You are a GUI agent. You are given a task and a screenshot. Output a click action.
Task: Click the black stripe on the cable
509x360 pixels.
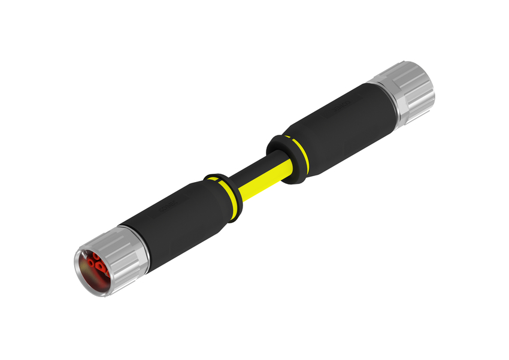coord(252,171)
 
